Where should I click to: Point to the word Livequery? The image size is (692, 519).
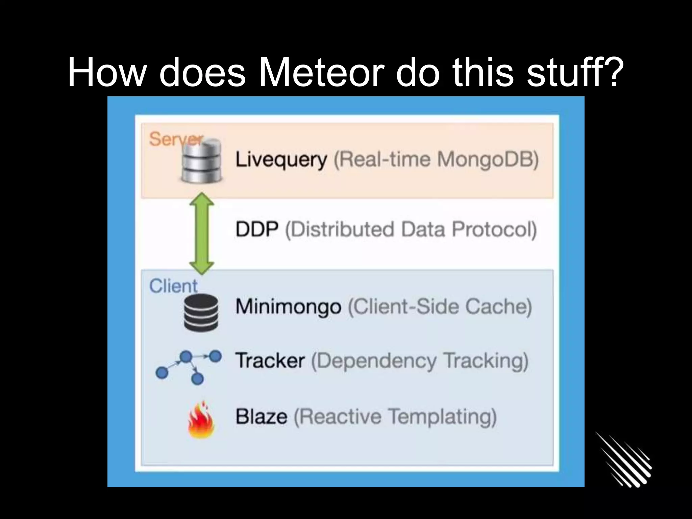click(x=281, y=159)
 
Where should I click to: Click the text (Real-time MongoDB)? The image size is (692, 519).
click(x=436, y=159)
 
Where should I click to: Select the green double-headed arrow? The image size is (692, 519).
click(x=202, y=233)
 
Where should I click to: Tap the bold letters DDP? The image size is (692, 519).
click(x=257, y=229)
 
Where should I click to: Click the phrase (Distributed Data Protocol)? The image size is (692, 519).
click(x=411, y=230)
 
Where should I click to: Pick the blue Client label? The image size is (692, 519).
click(x=173, y=286)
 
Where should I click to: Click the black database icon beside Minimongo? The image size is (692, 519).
click(x=201, y=313)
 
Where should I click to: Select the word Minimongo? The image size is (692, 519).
click(x=288, y=307)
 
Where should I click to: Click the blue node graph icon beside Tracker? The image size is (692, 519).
click(x=189, y=367)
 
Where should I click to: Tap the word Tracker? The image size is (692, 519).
click(x=270, y=361)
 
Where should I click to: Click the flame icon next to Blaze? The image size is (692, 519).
click(x=201, y=420)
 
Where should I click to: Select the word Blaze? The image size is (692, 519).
click(x=261, y=416)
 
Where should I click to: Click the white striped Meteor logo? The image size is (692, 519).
click(x=623, y=460)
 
